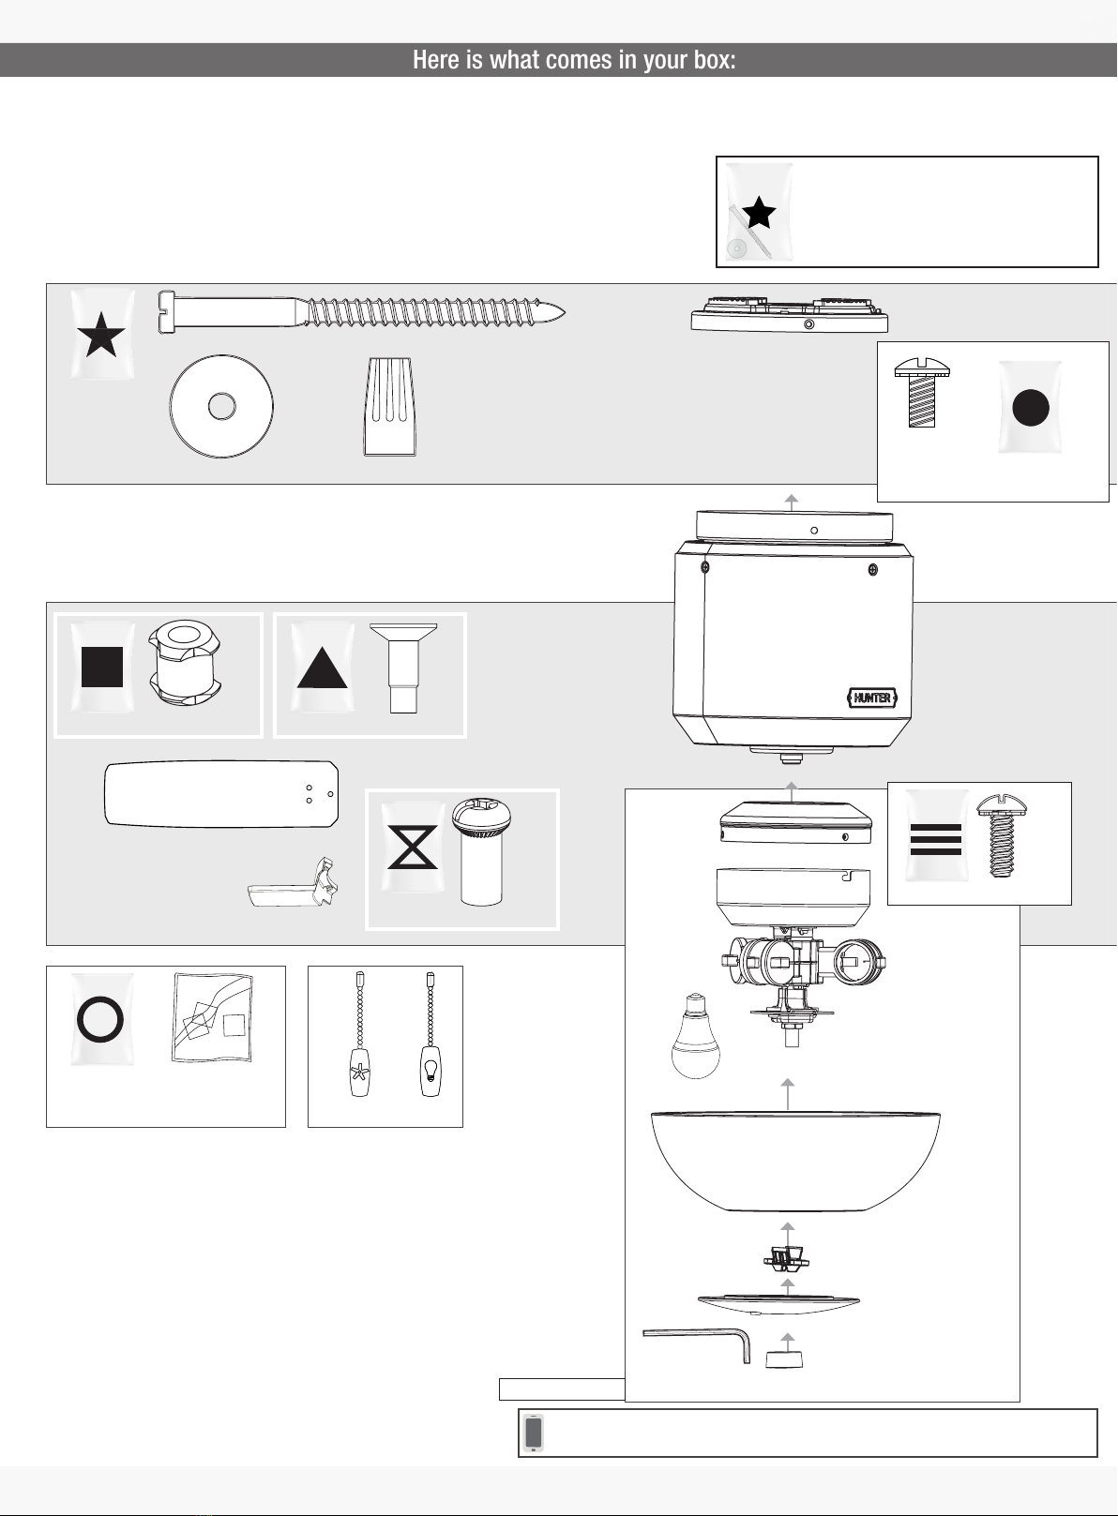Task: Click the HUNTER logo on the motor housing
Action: click(x=872, y=698)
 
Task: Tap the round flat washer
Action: click(x=221, y=407)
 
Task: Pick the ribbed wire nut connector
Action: click(x=388, y=407)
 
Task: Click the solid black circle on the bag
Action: click(x=1030, y=408)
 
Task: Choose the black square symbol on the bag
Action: click(x=102, y=668)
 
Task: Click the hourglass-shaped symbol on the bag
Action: click(x=413, y=847)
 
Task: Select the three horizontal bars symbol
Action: click(x=935, y=839)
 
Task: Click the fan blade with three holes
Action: click(x=220, y=794)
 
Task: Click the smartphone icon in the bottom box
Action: click(x=534, y=1433)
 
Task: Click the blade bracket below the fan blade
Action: click(x=294, y=886)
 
